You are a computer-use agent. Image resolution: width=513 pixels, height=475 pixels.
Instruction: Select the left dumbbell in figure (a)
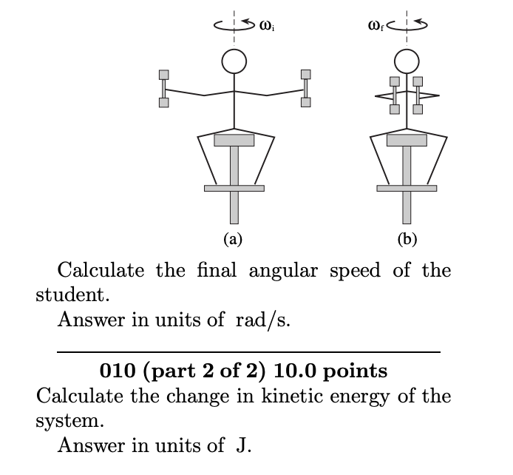[x=163, y=88]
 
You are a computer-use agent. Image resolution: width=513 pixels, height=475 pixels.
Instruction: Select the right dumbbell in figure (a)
[x=305, y=88]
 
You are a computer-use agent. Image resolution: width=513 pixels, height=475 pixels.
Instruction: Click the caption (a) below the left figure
[x=233, y=239]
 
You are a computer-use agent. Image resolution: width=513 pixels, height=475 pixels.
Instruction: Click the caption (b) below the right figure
[x=406, y=239]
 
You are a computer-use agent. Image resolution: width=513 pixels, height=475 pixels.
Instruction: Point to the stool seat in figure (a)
[x=234, y=139]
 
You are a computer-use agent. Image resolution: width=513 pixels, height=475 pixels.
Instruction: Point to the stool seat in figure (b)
[x=406, y=139]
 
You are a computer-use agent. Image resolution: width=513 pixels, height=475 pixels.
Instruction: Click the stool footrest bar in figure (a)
[x=234, y=188]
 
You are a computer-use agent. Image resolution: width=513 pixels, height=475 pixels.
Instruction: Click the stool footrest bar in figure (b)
[x=406, y=188]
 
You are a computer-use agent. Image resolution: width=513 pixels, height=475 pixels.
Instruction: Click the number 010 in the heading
[x=116, y=369]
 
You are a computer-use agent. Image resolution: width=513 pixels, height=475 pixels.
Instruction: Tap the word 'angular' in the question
[x=281, y=269]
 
